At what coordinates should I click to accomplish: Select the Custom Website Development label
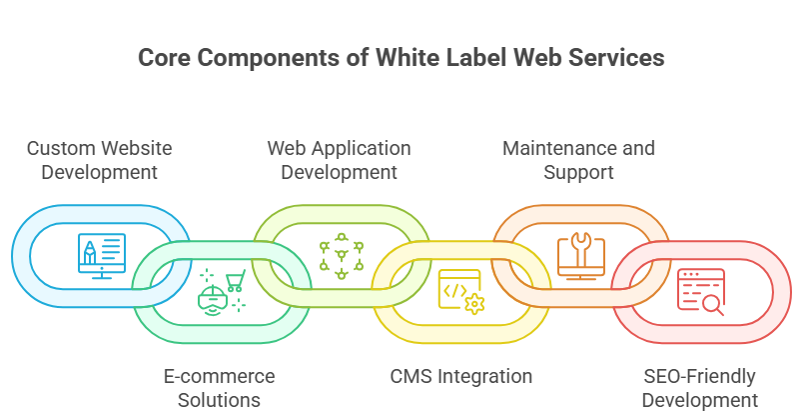click(x=99, y=160)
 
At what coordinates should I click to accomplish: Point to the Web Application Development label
click(x=339, y=160)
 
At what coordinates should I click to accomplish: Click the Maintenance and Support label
click(x=578, y=160)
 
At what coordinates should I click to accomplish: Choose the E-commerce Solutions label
click(x=219, y=388)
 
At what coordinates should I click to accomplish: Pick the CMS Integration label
click(x=460, y=377)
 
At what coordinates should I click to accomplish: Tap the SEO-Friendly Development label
click(x=699, y=388)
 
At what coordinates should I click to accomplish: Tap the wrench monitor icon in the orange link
click(x=579, y=254)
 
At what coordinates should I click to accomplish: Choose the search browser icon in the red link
click(x=699, y=293)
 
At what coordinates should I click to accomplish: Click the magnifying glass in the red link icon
click(x=713, y=307)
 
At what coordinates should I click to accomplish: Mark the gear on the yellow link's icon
click(x=473, y=303)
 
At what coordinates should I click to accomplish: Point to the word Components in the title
click(x=267, y=58)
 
